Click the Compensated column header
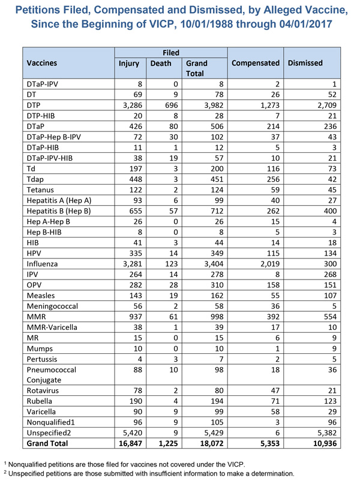click(x=256, y=63)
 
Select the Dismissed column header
click(x=305, y=63)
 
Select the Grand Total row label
click(x=47, y=444)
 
